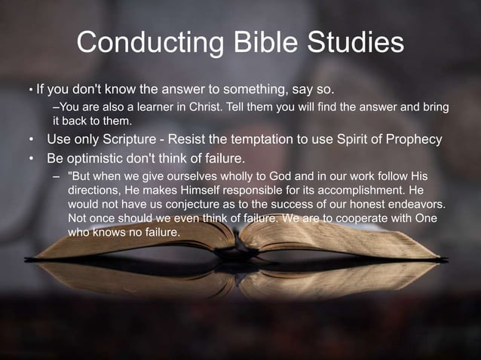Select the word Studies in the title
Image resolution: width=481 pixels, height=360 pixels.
click(351, 43)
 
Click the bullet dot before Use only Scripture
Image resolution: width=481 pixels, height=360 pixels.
click(31, 140)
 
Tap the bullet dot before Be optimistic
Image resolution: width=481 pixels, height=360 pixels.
click(31, 159)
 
